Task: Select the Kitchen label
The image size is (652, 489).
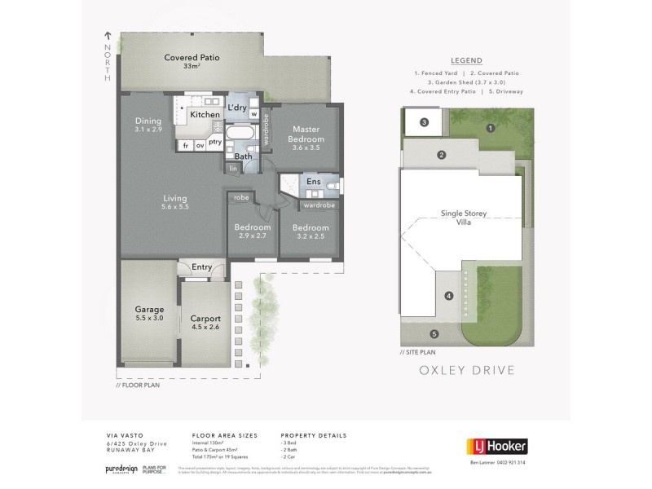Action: pos(205,115)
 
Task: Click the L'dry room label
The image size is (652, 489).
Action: pos(237,108)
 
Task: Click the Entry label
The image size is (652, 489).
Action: pos(200,267)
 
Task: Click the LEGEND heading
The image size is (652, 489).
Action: pos(465,60)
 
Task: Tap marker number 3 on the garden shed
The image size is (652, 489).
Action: pos(425,123)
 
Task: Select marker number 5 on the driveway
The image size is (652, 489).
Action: pos(434,333)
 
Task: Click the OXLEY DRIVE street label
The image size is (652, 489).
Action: pos(465,369)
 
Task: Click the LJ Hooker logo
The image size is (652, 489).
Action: pos(496,446)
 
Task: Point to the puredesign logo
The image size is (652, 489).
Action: pos(119,470)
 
